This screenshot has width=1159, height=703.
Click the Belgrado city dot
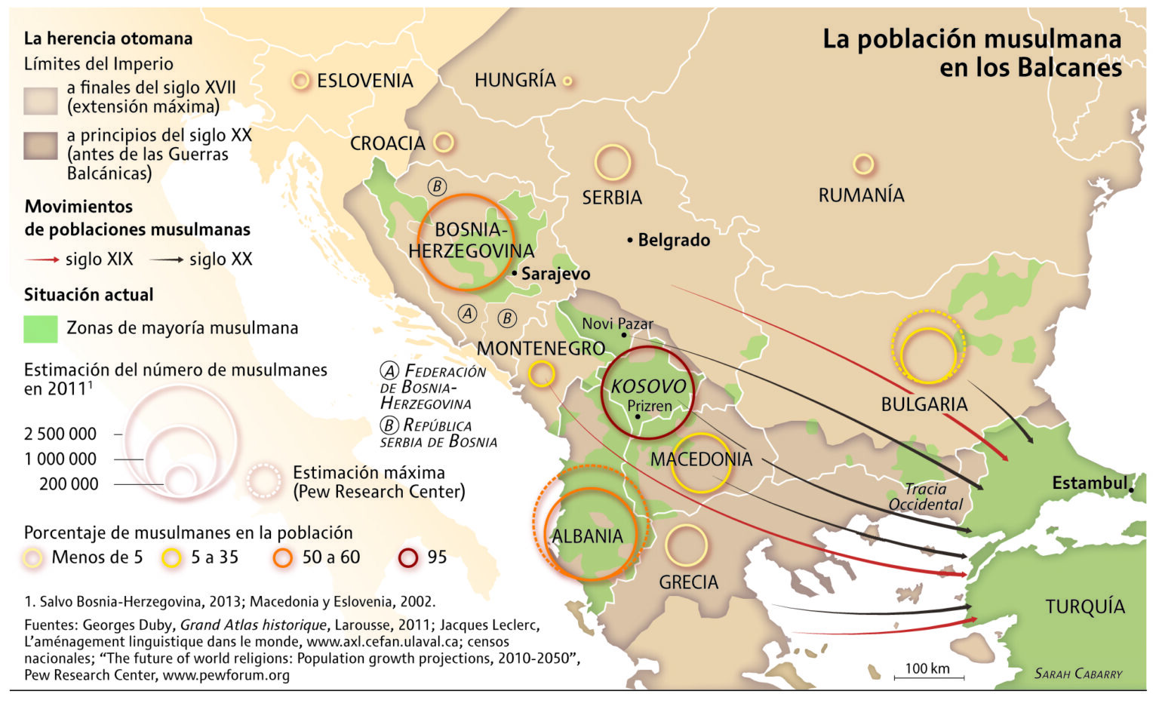[629, 241]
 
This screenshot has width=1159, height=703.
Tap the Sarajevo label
[555, 274]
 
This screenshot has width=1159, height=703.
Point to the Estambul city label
[1090, 483]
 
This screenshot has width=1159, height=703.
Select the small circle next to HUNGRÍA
[567, 81]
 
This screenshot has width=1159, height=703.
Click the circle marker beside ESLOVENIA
[300, 81]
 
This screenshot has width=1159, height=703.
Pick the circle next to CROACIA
[444, 142]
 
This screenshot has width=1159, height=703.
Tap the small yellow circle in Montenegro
[541, 373]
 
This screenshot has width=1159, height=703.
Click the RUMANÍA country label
[861, 195]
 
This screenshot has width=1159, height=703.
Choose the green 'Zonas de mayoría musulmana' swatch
[41, 328]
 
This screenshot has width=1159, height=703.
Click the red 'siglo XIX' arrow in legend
[42, 259]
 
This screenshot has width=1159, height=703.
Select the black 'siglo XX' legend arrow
[166, 259]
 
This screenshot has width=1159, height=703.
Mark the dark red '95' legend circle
[408, 557]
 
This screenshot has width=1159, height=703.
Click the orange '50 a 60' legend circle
[283, 557]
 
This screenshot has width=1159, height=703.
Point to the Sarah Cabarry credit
[1078, 674]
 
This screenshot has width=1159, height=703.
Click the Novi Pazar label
[616, 324]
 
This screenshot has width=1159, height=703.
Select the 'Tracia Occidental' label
[925, 496]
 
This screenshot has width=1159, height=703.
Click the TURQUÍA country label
[1084, 606]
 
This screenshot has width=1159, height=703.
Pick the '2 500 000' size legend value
[60, 434]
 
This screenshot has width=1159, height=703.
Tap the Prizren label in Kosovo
[649, 406]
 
